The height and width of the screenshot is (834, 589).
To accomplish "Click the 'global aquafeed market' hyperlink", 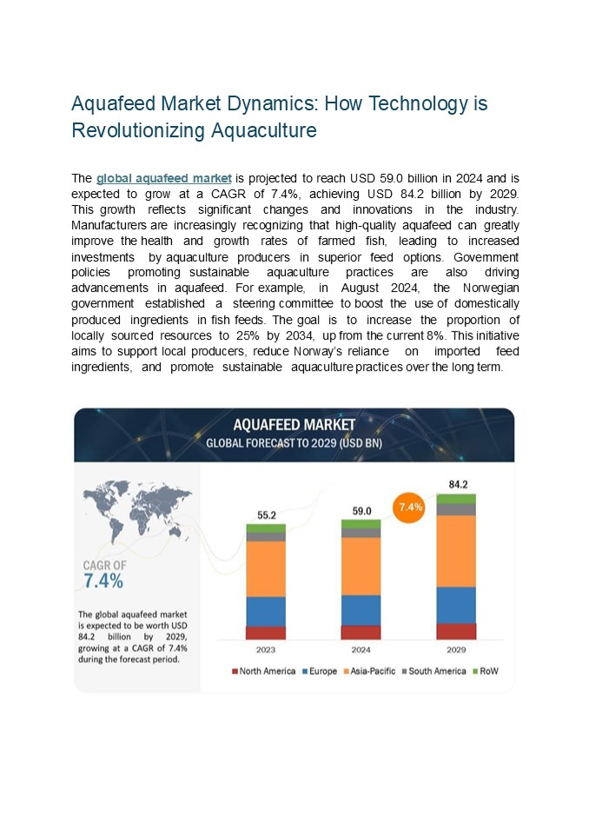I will point(163,179).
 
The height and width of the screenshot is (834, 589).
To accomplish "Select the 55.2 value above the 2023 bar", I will point(266,515).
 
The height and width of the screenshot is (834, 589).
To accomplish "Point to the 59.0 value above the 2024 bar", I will point(361,511).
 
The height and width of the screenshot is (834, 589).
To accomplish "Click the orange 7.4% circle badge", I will point(410,506).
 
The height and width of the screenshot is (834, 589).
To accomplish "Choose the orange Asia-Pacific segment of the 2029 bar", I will point(456,551).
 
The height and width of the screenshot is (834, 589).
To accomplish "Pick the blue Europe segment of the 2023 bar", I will point(266,611).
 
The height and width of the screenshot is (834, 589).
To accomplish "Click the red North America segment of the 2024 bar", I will point(361,632).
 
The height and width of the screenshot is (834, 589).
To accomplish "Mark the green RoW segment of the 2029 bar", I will point(456,499).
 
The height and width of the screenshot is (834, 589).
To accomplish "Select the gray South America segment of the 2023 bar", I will point(266,537).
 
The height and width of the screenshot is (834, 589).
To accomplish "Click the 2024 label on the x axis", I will point(361,649).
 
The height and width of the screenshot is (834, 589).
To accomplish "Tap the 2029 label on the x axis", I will point(456,649).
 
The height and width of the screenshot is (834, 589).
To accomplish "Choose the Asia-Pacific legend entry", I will point(371,672).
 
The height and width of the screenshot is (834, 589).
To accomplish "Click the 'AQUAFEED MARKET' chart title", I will point(294,425).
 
